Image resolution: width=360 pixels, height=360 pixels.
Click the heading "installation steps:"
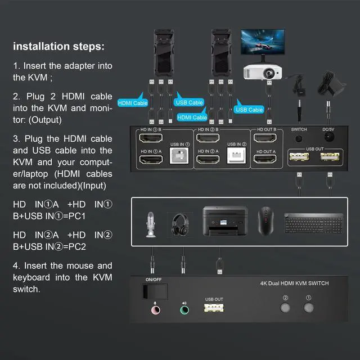(58, 46)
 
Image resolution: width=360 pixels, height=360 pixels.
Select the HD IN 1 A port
(151, 160)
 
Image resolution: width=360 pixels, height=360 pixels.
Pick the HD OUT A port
(266, 160)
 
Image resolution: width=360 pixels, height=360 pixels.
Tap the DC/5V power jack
(328, 138)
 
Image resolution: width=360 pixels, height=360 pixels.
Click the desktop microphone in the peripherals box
(151, 223)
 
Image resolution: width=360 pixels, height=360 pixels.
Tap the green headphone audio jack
(183, 309)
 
